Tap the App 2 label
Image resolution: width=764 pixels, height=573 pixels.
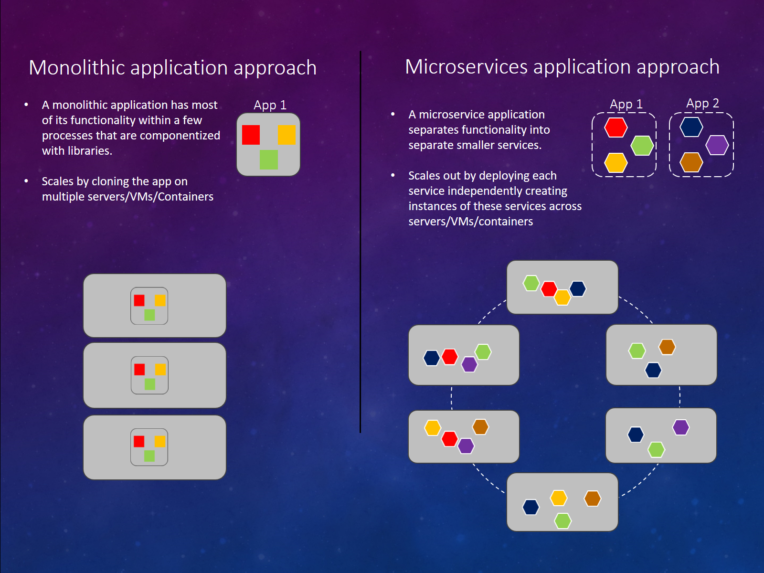click(702, 103)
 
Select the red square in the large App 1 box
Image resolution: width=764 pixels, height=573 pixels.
click(251, 135)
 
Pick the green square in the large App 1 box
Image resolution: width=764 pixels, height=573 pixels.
click(268, 159)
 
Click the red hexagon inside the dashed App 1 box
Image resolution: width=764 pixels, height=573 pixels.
click(615, 127)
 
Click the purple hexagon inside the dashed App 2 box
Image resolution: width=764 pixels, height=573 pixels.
click(717, 145)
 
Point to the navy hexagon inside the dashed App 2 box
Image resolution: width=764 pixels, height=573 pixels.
click(691, 127)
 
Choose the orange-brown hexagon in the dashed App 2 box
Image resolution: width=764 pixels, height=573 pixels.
click(691, 162)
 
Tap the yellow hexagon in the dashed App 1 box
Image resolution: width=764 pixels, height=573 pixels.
click(615, 163)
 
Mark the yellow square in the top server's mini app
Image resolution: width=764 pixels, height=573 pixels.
click(160, 300)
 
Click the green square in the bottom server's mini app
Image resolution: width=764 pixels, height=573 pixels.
click(149, 456)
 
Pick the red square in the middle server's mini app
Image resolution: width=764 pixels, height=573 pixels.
click(139, 369)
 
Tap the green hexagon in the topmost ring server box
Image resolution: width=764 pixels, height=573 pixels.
click(531, 283)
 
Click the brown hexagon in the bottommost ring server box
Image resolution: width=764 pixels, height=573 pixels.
click(592, 499)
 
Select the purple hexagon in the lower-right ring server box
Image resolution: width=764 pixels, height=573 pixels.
click(680, 427)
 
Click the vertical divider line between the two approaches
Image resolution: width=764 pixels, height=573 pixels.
click(361, 239)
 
